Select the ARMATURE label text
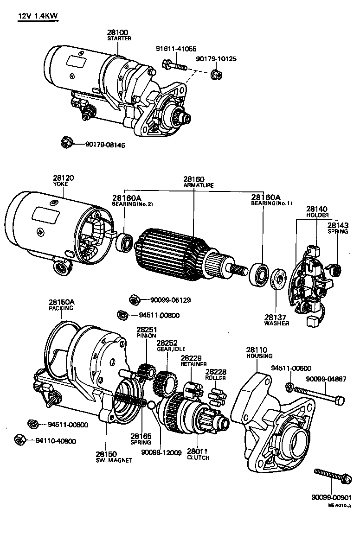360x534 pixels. tap(198, 185)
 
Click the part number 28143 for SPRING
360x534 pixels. tap(337, 225)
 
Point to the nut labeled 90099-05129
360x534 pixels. tap(134, 300)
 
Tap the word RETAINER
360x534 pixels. tap(193, 364)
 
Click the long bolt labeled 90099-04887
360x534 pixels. tap(320, 395)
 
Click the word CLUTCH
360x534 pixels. tap(198, 458)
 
